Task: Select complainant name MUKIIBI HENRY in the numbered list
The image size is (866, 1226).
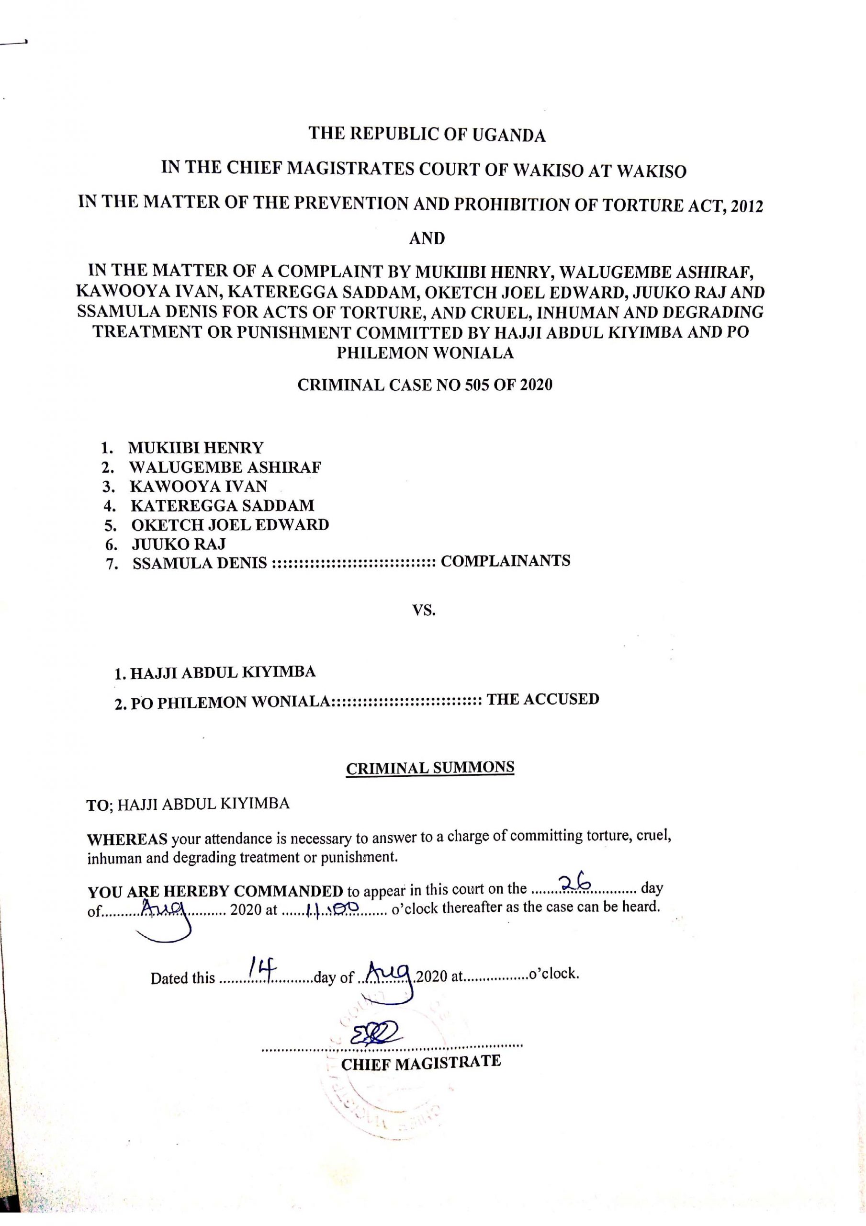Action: pos(196,447)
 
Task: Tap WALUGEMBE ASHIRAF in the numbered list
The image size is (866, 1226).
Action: pos(225,467)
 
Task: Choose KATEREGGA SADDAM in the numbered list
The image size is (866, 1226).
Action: pos(223,505)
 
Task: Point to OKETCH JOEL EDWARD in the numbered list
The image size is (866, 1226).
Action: pos(230,524)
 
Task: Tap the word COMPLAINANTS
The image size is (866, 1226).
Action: pos(506,561)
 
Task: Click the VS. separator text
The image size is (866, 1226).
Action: pos(425,610)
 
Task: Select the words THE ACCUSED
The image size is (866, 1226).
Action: pos(543,699)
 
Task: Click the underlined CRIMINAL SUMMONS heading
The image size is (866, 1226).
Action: pos(430,768)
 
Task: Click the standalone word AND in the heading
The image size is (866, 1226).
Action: pos(427,238)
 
